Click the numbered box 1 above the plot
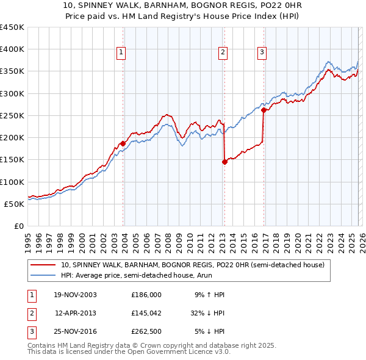[x=121, y=53]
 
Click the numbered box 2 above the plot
[x=223, y=53]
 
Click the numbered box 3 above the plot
[x=262, y=53]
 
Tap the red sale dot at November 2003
[x=123, y=143]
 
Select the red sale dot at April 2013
[x=224, y=162]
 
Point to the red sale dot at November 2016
[x=264, y=110]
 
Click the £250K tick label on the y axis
[x=12, y=115]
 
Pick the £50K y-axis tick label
[x=15, y=204]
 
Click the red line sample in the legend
[x=45, y=265]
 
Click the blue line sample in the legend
[x=45, y=275]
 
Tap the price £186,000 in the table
[x=146, y=295]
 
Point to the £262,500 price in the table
[x=146, y=332]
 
